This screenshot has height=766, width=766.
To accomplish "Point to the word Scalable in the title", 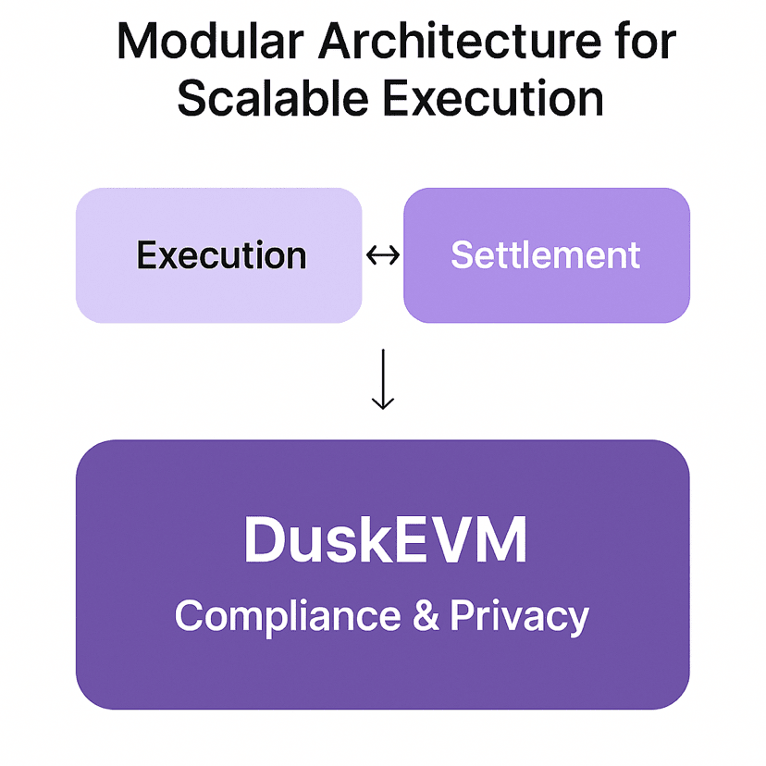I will (x=268, y=97).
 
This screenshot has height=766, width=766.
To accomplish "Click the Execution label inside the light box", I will (x=221, y=255).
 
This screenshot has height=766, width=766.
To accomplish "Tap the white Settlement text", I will (x=546, y=255).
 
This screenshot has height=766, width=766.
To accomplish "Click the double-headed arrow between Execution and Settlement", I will (x=383, y=255).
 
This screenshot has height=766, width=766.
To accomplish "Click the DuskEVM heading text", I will (x=384, y=542).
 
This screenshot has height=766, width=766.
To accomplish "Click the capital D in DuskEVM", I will (x=262, y=542).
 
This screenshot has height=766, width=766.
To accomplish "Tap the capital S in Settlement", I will (x=463, y=255).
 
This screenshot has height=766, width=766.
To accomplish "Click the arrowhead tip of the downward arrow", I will (x=382, y=408).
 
